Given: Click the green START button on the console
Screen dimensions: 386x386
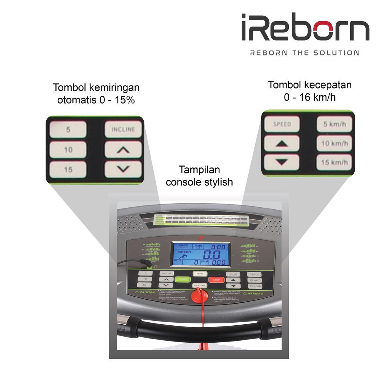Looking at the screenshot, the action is pos(182,280).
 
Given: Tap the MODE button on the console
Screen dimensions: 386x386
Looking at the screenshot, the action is pos(200,274).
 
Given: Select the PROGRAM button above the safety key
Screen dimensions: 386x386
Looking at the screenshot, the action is pos(200,286).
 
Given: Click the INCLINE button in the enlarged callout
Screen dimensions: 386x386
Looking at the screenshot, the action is pos(123,130).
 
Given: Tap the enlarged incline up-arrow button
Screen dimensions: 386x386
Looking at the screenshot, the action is pos(123,150).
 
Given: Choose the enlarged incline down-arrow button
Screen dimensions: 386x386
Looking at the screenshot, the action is pos(123,169).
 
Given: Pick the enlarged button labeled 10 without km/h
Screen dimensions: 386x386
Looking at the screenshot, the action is pos(68,150).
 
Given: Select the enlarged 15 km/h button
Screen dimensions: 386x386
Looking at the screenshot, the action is pos(334,163).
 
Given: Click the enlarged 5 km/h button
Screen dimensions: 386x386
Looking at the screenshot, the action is pos(334,124).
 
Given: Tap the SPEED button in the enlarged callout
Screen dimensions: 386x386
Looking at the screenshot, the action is pos(282,124).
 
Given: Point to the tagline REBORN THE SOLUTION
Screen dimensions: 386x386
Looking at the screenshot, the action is pos(305,53).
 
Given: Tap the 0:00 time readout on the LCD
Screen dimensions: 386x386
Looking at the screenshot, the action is pos(218,247).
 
